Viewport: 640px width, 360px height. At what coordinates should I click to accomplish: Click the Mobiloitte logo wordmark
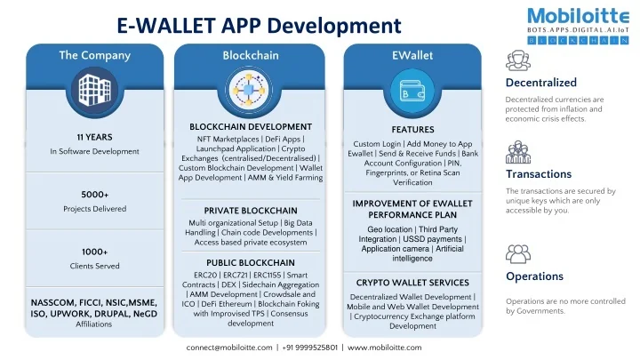pos(570,17)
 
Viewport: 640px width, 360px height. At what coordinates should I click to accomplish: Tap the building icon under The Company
pos(94,89)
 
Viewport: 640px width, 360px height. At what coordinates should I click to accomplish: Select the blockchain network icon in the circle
pos(250,90)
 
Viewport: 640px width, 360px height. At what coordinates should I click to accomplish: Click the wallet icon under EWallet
pos(412,90)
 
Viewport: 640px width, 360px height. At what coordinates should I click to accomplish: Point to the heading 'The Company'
pos(94,55)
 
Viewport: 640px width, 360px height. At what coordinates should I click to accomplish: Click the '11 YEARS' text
pos(94,137)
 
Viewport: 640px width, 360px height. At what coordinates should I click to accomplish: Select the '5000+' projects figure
pos(94,194)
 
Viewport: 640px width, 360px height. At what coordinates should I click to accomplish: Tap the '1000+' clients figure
pos(94,251)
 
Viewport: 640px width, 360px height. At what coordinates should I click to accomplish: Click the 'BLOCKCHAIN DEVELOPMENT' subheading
pos(251,126)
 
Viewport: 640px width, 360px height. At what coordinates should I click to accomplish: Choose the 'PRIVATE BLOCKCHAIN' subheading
pos(251,211)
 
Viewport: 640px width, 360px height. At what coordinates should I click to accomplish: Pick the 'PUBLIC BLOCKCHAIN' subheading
pos(251,262)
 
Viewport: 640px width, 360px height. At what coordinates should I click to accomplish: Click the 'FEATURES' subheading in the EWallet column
pos(412,130)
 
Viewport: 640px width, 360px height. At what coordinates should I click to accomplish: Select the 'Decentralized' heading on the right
pos(540,83)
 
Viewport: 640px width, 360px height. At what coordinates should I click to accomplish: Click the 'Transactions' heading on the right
pos(538,174)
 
